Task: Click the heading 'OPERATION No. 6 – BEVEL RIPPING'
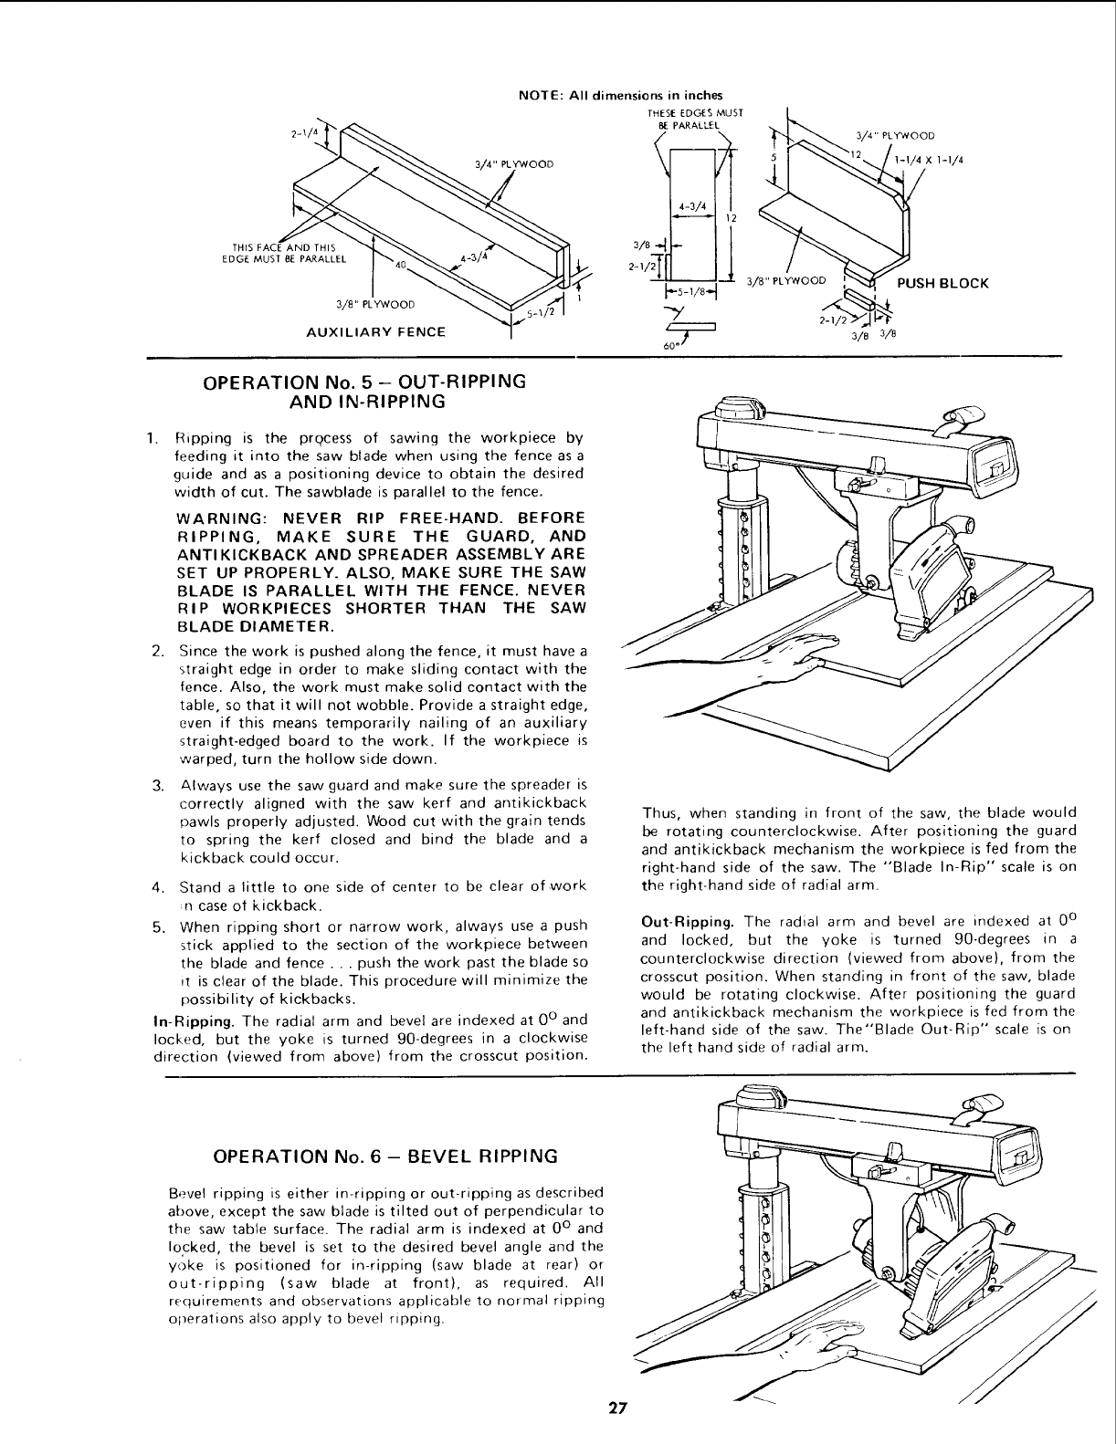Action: (x=384, y=1156)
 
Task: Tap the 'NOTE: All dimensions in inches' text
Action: (x=620, y=95)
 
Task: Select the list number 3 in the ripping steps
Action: (x=158, y=785)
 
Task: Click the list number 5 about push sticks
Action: (x=158, y=926)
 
